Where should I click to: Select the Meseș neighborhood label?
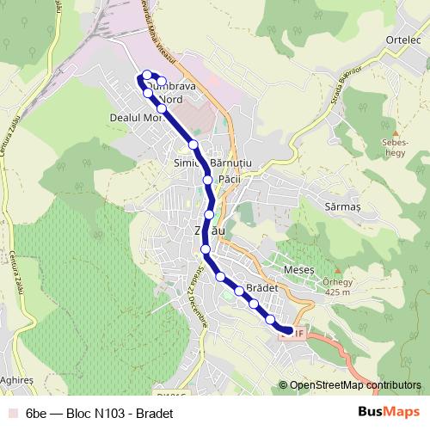(x=310, y=269)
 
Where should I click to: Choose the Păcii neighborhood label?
(x=229, y=178)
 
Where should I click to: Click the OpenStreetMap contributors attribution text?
(x=354, y=385)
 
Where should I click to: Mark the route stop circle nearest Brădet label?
(x=239, y=291)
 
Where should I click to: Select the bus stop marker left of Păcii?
(x=207, y=180)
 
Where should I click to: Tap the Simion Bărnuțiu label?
(x=211, y=163)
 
